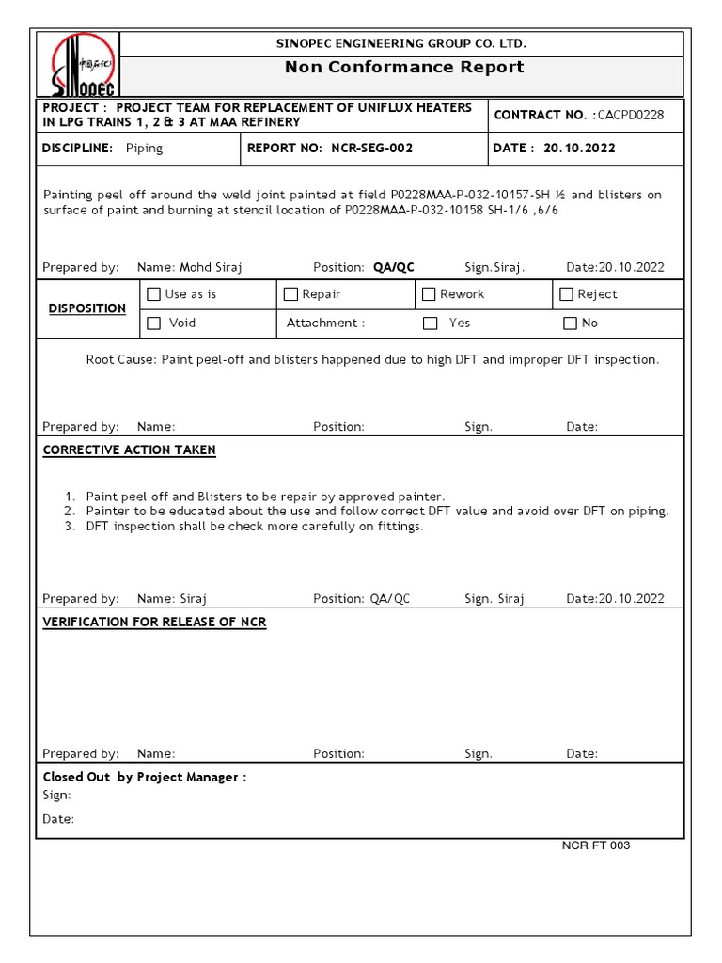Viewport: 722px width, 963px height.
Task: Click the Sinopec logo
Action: tap(83, 64)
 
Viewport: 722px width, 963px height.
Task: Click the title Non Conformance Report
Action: tap(404, 67)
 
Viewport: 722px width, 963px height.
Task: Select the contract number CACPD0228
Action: tap(631, 115)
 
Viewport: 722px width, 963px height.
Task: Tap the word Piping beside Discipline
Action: tap(144, 148)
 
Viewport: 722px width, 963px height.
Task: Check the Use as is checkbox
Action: tap(154, 294)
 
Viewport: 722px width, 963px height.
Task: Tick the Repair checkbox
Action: tap(291, 294)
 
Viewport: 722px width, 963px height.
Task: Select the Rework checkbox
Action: tap(430, 294)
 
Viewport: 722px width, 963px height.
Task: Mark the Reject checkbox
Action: tap(567, 294)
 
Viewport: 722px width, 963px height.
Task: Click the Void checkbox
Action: tap(154, 324)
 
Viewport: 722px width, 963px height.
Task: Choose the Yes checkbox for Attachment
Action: tap(431, 324)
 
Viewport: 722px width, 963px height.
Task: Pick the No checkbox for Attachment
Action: tap(570, 324)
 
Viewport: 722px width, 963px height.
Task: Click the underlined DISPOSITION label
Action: tap(87, 308)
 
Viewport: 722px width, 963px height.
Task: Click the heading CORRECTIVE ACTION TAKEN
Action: tap(130, 450)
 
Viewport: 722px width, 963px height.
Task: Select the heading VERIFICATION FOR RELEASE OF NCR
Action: tap(155, 622)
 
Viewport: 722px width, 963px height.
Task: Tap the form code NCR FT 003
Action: tap(596, 845)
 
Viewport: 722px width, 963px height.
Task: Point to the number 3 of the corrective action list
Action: tap(70, 526)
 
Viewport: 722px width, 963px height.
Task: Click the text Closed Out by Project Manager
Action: tap(145, 777)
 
